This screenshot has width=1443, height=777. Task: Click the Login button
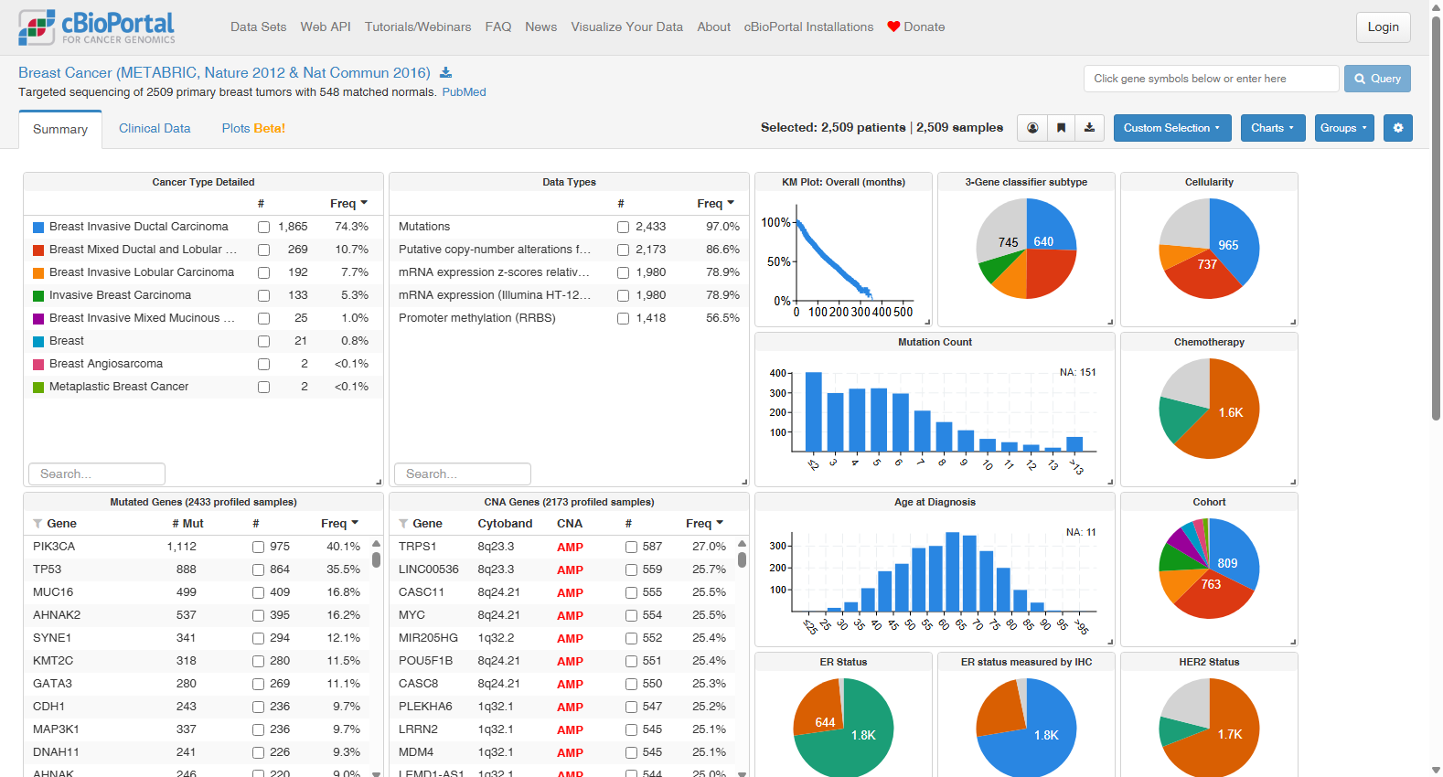(1383, 27)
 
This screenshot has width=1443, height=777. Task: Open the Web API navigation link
(326, 27)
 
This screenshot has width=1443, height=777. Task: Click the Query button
(1376, 79)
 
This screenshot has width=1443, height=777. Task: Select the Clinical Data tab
(155, 128)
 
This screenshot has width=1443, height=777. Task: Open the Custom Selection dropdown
(1171, 128)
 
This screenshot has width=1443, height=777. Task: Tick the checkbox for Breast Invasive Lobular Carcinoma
(263, 273)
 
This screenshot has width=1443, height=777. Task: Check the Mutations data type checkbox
(623, 228)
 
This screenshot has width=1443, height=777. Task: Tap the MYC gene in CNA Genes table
(412, 615)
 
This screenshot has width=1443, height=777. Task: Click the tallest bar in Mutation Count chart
(814, 412)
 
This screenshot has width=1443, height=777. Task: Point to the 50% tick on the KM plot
(794, 262)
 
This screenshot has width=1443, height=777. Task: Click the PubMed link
(464, 92)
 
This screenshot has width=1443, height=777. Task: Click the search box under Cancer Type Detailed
(97, 474)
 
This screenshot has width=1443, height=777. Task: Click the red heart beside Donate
(893, 27)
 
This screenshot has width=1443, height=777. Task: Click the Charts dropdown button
(1272, 128)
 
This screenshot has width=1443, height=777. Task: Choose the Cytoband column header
(505, 524)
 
